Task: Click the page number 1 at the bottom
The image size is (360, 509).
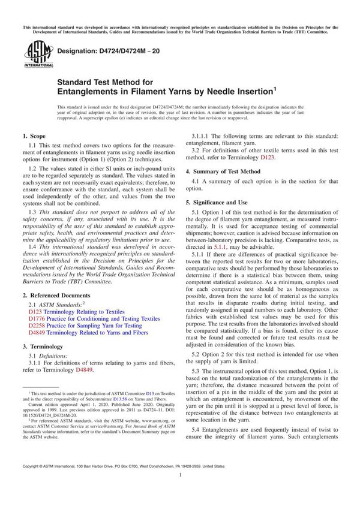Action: (x=180, y=491)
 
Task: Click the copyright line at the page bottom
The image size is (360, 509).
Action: (x=124, y=483)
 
